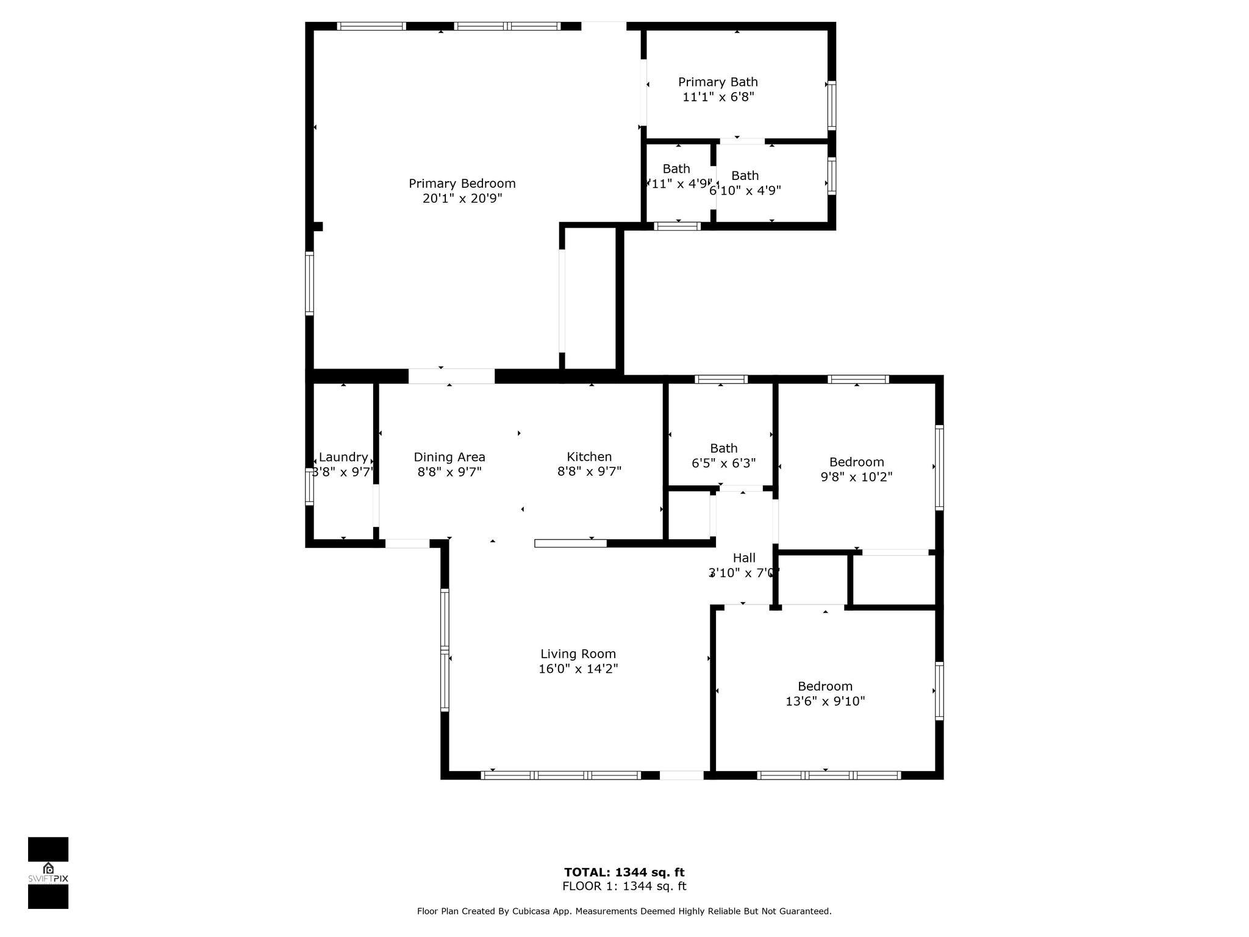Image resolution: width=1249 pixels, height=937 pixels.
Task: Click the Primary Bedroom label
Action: point(462,184)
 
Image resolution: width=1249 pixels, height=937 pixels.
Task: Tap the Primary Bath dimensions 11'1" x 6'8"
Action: point(718,97)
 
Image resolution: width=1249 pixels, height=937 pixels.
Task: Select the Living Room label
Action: point(578,654)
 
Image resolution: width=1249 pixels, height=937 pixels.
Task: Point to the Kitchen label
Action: point(589,457)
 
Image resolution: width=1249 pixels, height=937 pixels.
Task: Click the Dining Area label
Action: point(449,457)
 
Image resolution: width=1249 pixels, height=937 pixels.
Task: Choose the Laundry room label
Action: point(343,458)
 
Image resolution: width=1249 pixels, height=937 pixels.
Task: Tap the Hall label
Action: point(743,558)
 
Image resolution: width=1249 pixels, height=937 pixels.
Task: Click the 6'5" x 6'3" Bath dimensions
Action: point(723,463)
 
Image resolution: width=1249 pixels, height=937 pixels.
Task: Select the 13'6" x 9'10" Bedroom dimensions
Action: point(825,702)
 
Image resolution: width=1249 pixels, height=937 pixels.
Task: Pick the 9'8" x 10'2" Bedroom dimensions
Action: point(856,477)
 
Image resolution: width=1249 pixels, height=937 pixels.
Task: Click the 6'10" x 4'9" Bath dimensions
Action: point(745,190)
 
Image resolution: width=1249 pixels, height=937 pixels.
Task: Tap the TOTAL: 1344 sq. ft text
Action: point(624,872)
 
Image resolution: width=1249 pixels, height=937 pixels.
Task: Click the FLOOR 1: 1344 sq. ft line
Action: point(624,886)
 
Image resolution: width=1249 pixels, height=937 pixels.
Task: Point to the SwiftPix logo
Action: point(48,872)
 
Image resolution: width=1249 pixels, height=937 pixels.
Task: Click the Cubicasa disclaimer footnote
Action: point(624,911)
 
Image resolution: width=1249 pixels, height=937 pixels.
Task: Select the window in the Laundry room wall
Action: point(309,486)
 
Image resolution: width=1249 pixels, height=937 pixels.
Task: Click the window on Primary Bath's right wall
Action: point(831,105)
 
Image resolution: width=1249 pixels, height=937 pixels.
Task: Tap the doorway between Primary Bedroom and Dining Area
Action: point(451,376)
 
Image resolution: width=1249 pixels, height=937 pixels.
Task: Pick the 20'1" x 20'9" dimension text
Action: point(462,199)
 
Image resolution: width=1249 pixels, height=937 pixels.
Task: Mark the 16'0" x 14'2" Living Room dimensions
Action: point(578,669)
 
